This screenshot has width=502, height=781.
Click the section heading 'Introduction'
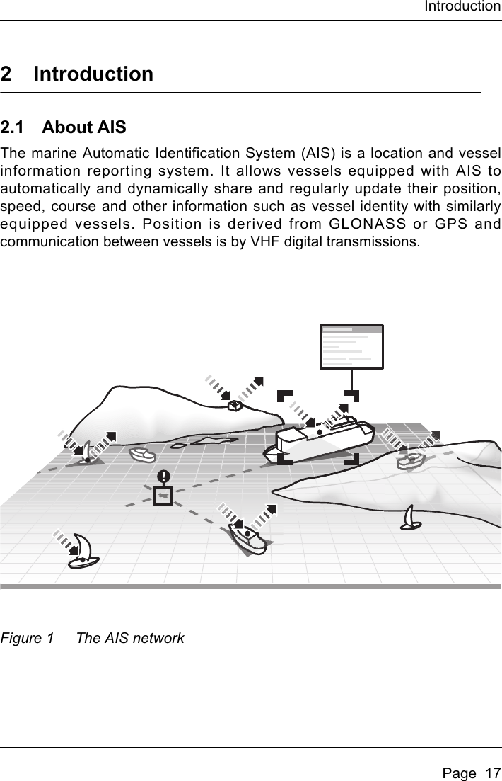coord(93,74)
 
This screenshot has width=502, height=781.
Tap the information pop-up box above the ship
coord(351,347)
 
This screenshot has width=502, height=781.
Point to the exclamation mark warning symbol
coord(163,477)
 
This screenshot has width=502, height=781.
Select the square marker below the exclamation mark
coord(163,496)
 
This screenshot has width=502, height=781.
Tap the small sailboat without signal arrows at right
coord(411,519)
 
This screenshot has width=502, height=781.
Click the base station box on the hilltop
coord(235,405)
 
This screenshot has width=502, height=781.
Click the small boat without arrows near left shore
coord(142,455)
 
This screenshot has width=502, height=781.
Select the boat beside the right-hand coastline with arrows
coord(409,460)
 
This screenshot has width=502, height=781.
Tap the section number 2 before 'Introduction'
coord(6,74)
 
